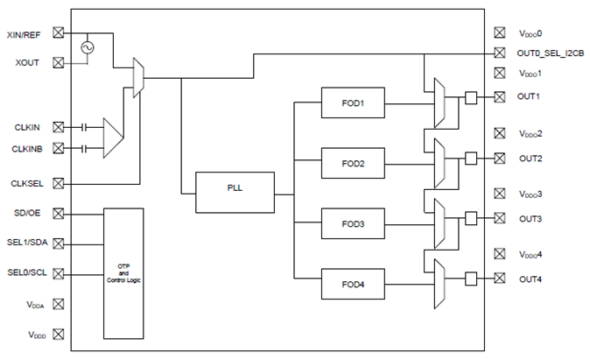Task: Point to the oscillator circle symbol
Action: tap(88, 47)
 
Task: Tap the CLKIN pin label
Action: tap(28, 127)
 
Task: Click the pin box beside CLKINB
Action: tap(60, 148)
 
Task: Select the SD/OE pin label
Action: tap(27, 214)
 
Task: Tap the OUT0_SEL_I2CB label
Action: tap(549, 53)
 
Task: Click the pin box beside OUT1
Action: tap(500, 97)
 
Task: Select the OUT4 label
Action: tap(530, 279)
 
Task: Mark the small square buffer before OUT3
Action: tap(471, 218)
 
